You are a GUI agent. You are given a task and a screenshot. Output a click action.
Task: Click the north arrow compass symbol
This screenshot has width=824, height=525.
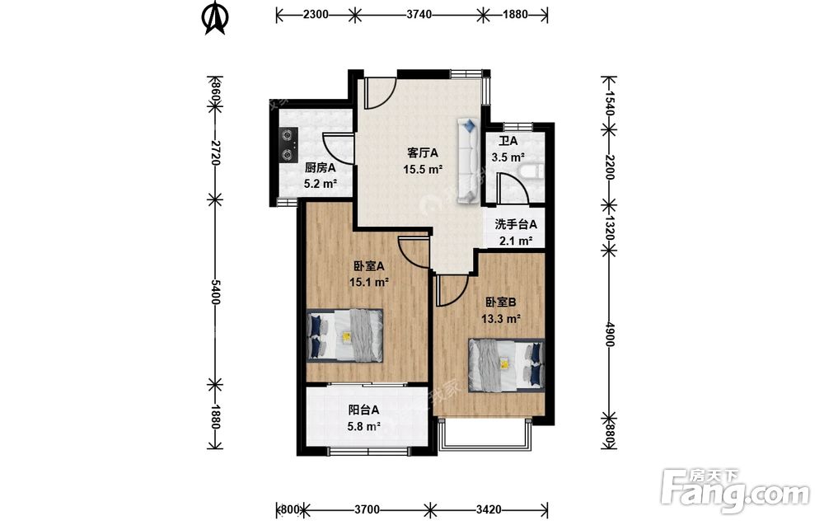(215, 17)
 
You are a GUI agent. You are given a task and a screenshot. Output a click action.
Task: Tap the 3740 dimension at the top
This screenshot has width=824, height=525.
(419, 14)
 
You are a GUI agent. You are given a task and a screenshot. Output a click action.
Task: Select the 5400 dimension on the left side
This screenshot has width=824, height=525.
(215, 293)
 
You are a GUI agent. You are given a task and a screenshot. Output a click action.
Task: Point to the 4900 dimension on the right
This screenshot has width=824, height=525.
(609, 334)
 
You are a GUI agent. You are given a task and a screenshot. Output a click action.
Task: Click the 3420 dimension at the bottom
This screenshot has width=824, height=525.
(488, 509)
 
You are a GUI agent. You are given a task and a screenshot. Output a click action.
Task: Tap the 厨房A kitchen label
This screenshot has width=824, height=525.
(320, 167)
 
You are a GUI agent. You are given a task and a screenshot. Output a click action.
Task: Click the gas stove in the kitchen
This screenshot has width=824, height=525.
(288, 144)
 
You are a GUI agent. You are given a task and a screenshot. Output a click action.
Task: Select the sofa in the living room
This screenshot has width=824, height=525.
(468, 161)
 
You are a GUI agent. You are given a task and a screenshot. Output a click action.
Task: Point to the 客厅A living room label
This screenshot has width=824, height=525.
(423, 153)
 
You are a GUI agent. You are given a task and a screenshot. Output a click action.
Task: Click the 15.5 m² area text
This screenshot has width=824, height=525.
(423, 169)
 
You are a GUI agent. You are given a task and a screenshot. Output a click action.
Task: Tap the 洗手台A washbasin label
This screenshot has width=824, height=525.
(516, 224)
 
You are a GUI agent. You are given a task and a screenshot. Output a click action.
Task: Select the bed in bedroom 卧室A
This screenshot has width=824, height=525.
(344, 335)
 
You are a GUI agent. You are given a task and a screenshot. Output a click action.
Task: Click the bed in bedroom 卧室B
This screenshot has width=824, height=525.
(507, 365)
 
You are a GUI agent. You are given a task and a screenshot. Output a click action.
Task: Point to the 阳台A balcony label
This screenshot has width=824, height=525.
(363, 410)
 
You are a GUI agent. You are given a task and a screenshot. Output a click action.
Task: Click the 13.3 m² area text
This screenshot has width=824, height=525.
(501, 318)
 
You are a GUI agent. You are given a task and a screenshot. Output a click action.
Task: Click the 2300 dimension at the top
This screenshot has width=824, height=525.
(316, 14)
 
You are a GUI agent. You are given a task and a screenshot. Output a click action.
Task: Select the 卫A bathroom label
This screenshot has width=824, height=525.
(508, 141)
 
